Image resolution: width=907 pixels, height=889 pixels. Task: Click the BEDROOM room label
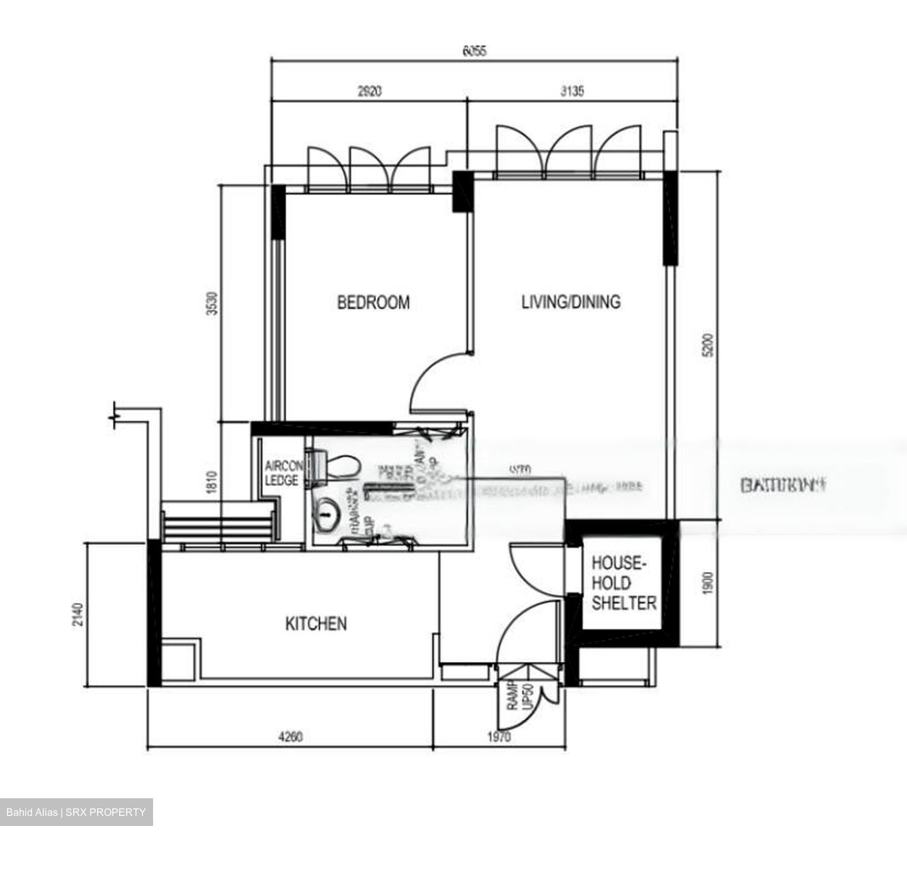point(373,302)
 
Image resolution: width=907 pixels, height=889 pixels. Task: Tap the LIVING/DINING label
point(571,302)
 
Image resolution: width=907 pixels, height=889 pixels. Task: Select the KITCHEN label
point(316,624)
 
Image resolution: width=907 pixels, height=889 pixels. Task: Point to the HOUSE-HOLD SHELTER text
point(623,583)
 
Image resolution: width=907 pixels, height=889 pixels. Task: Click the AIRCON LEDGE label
point(282,473)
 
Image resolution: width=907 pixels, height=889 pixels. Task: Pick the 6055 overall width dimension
point(474,52)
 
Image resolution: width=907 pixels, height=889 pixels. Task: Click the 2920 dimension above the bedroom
point(369,91)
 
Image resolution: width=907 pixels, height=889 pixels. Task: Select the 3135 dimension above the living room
point(572,91)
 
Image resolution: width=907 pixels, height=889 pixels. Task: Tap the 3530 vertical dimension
point(212,304)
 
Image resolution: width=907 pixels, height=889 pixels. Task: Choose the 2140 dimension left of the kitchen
point(77,614)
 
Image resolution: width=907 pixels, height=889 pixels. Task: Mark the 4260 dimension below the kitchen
point(290,736)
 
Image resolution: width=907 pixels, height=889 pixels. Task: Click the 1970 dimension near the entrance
point(499,736)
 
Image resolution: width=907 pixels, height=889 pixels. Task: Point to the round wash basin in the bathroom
point(326,515)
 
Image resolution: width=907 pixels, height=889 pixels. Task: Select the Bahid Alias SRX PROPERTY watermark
point(76,812)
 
